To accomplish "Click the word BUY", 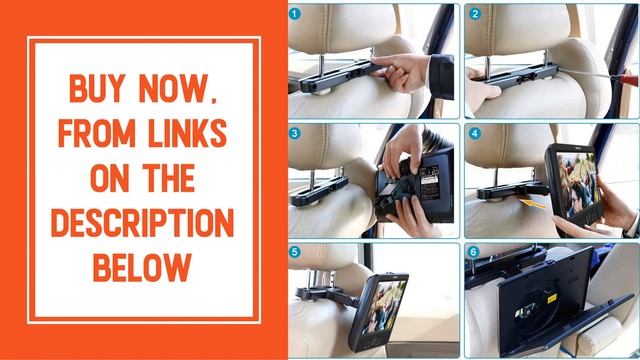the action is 97,88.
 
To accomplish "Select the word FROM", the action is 97,133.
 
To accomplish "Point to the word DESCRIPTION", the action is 142,223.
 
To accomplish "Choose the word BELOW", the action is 142,267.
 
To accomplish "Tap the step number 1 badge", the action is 295,14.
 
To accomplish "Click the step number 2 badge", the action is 475,14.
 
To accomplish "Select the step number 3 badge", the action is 295,133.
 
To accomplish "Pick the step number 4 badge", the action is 475,133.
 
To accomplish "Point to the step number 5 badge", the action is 295,252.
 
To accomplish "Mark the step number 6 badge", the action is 473,252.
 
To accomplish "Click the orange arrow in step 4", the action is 533,203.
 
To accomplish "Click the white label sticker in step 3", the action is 429,183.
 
